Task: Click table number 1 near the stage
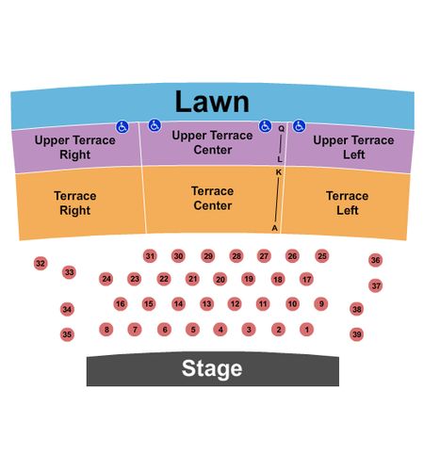coord(306,330)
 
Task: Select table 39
coord(356,334)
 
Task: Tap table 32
coord(41,263)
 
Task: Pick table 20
coord(220,280)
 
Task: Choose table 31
coord(150,256)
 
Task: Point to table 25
coord(322,256)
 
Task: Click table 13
coord(206,303)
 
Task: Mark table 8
coord(106,330)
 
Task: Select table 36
coord(375,260)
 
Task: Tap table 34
coord(67,309)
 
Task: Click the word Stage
coord(212,368)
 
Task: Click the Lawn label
coord(212,102)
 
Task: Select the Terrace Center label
coord(213,198)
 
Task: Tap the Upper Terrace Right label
coord(75,147)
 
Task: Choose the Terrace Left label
coord(348,203)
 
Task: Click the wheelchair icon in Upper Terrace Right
coord(122,127)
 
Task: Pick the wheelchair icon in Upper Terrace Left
coord(299,126)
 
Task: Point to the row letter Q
coord(282,128)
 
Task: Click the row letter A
coord(275,228)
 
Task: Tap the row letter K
coord(279,172)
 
